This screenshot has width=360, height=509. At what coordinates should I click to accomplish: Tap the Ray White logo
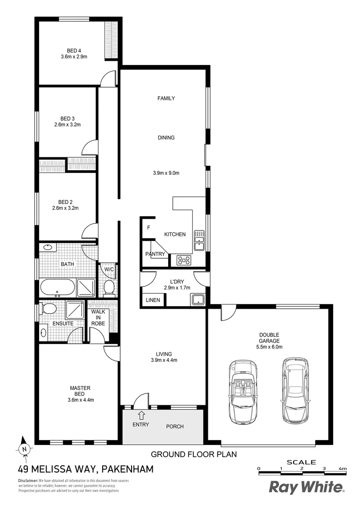click(306, 487)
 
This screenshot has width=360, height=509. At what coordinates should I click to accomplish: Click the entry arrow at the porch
click(141, 415)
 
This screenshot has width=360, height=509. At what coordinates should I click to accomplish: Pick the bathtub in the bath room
click(57, 287)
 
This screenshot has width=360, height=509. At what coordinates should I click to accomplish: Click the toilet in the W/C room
click(109, 287)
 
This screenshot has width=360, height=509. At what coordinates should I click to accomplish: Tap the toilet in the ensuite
click(49, 309)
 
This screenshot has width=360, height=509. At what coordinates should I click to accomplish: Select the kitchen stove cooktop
click(183, 260)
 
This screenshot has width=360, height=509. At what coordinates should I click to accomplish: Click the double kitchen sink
click(199, 239)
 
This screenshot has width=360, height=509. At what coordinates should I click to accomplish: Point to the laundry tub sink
click(197, 299)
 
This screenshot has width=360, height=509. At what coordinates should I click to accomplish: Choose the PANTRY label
click(155, 254)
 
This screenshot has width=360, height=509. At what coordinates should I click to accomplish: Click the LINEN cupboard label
click(152, 300)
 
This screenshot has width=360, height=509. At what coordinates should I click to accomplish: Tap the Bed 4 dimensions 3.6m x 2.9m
click(74, 57)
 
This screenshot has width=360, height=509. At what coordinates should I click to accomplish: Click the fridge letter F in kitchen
click(148, 228)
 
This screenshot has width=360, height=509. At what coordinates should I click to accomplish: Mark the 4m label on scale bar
click(343, 468)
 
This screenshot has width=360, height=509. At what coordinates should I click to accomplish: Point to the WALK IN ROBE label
click(98, 318)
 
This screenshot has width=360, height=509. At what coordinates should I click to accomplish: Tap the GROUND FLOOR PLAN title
click(193, 454)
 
